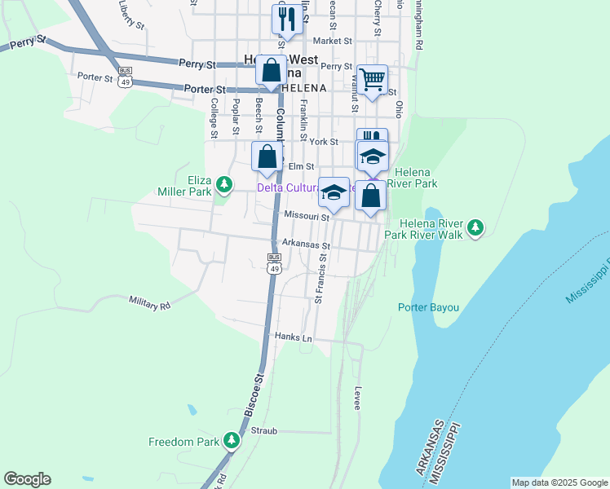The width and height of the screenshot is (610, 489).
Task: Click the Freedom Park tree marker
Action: click(x=232, y=442)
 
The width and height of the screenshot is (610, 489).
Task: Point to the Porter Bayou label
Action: click(x=428, y=307)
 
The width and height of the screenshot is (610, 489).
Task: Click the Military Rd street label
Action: click(x=149, y=302)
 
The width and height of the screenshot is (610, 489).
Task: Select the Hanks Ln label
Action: click(x=294, y=337)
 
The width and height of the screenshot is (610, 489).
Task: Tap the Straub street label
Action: click(x=265, y=430)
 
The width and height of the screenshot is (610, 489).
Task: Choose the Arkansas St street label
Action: click(x=306, y=244)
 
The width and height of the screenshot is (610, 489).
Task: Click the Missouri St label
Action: click(x=306, y=216)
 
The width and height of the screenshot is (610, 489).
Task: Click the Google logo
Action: click(x=27, y=479)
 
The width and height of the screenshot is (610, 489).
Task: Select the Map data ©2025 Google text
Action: click(x=559, y=482)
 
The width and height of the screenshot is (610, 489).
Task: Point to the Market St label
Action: click(x=332, y=40)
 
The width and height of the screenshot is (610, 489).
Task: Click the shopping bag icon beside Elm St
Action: click(x=267, y=156)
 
